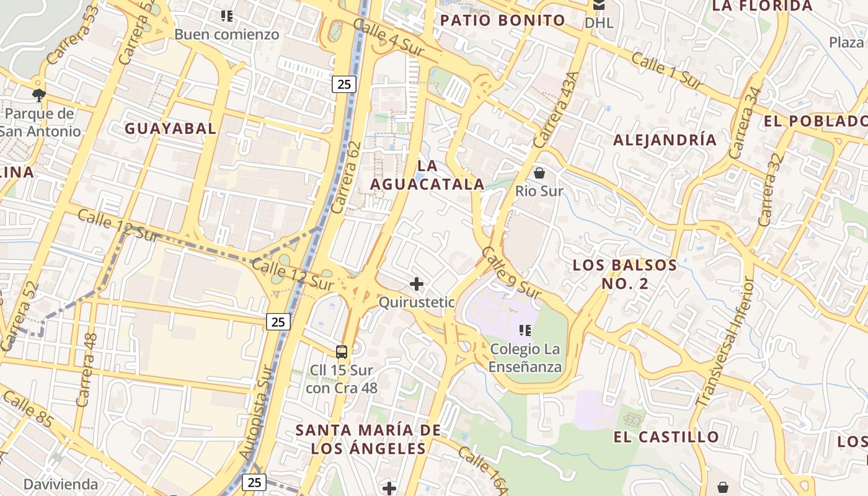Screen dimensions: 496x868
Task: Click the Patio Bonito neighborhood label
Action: coord(502,20)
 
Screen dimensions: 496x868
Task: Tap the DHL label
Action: coord(599,23)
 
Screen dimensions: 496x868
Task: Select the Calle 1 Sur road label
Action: coord(666,71)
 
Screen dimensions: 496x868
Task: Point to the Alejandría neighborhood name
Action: coord(665,140)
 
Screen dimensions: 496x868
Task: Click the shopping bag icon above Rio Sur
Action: coord(539,173)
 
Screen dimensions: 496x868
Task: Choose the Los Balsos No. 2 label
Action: coord(624,274)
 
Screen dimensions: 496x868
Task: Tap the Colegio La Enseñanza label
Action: coord(525,358)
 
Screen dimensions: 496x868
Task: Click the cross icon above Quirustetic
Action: coord(417,285)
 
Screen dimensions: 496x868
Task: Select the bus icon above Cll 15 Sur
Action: coord(342,352)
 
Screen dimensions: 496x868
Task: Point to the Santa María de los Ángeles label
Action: coord(368,439)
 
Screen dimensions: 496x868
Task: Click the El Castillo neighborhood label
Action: coord(666,437)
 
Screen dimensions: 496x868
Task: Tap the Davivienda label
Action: coord(61,484)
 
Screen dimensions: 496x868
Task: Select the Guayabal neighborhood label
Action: coord(170,129)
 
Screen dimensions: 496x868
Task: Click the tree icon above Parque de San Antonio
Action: coord(39,95)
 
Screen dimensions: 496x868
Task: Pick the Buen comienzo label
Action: coord(227,34)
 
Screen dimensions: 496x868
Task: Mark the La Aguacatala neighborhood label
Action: coord(427,175)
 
